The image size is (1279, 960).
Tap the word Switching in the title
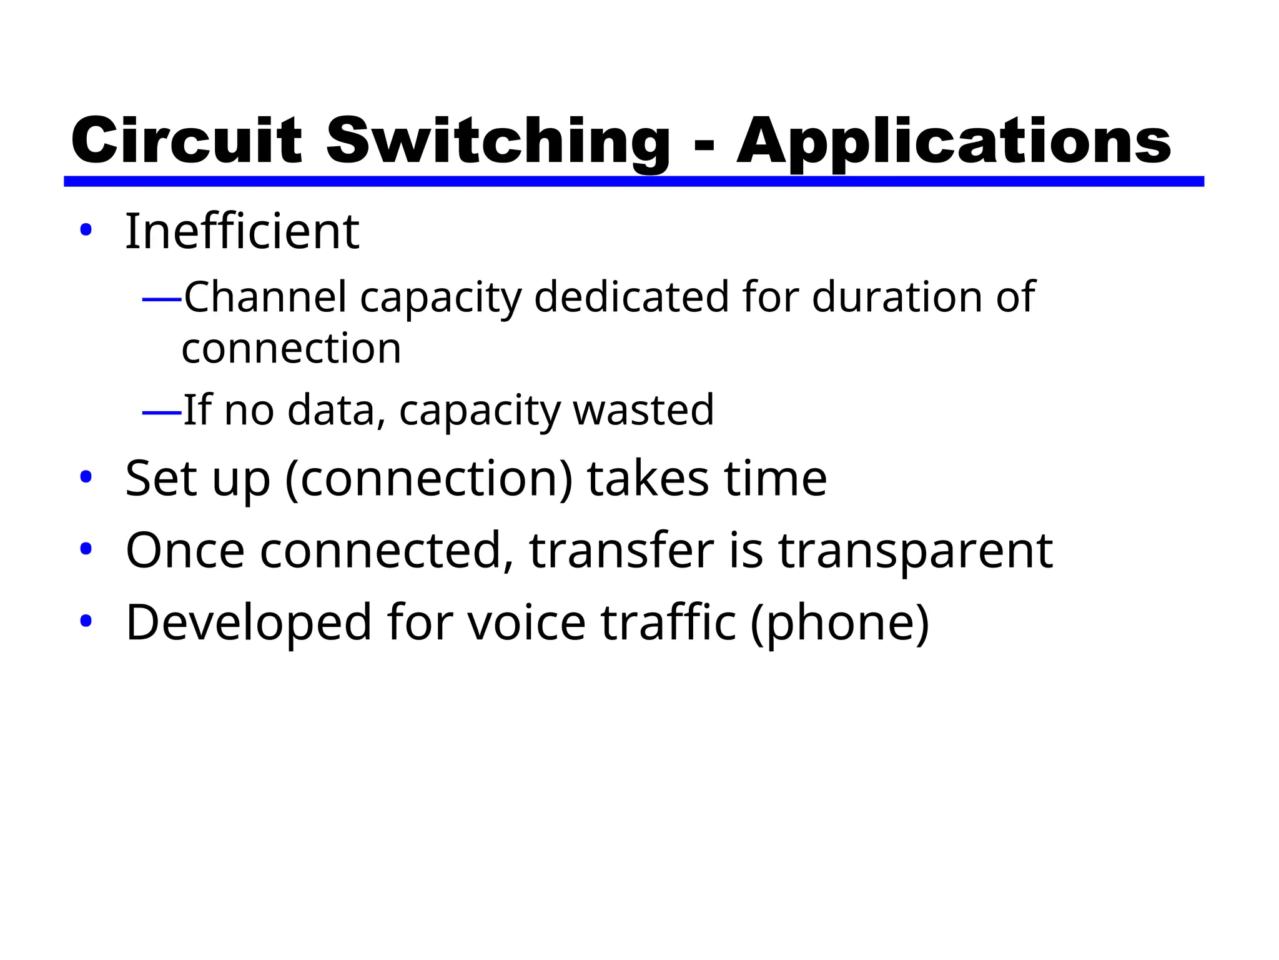(x=497, y=141)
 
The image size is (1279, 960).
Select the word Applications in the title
(x=953, y=141)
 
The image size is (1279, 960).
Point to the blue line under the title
(x=633, y=181)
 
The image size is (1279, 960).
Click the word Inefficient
(x=242, y=232)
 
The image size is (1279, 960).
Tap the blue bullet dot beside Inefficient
(x=86, y=230)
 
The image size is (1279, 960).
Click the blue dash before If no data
(x=162, y=412)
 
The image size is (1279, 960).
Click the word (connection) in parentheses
(x=428, y=479)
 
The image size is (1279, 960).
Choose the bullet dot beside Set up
(x=86, y=477)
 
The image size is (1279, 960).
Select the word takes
(x=648, y=479)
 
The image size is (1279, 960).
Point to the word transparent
(x=915, y=551)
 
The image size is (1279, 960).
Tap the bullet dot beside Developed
(x=86, y=621)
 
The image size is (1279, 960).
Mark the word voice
(x=526, y=622)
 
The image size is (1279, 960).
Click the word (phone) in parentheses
(x=840, y=624)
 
